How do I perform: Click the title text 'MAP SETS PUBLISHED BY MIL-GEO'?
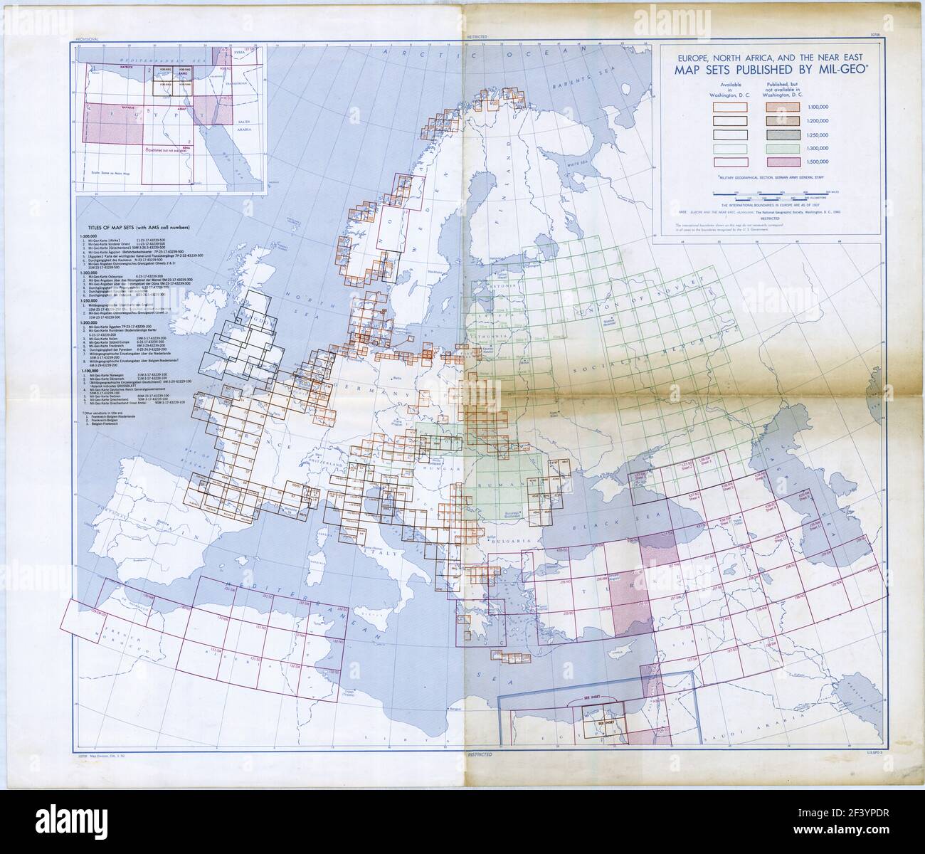tap(770, 70)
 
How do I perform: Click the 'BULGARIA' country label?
tap(516, 542)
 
